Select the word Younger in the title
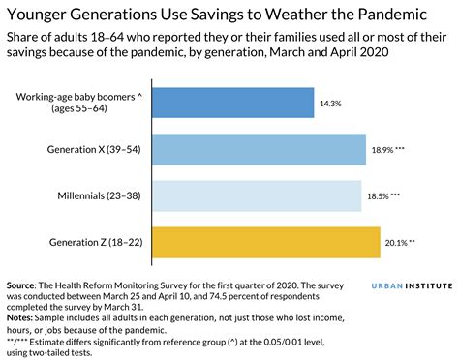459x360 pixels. tap(41, 15)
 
